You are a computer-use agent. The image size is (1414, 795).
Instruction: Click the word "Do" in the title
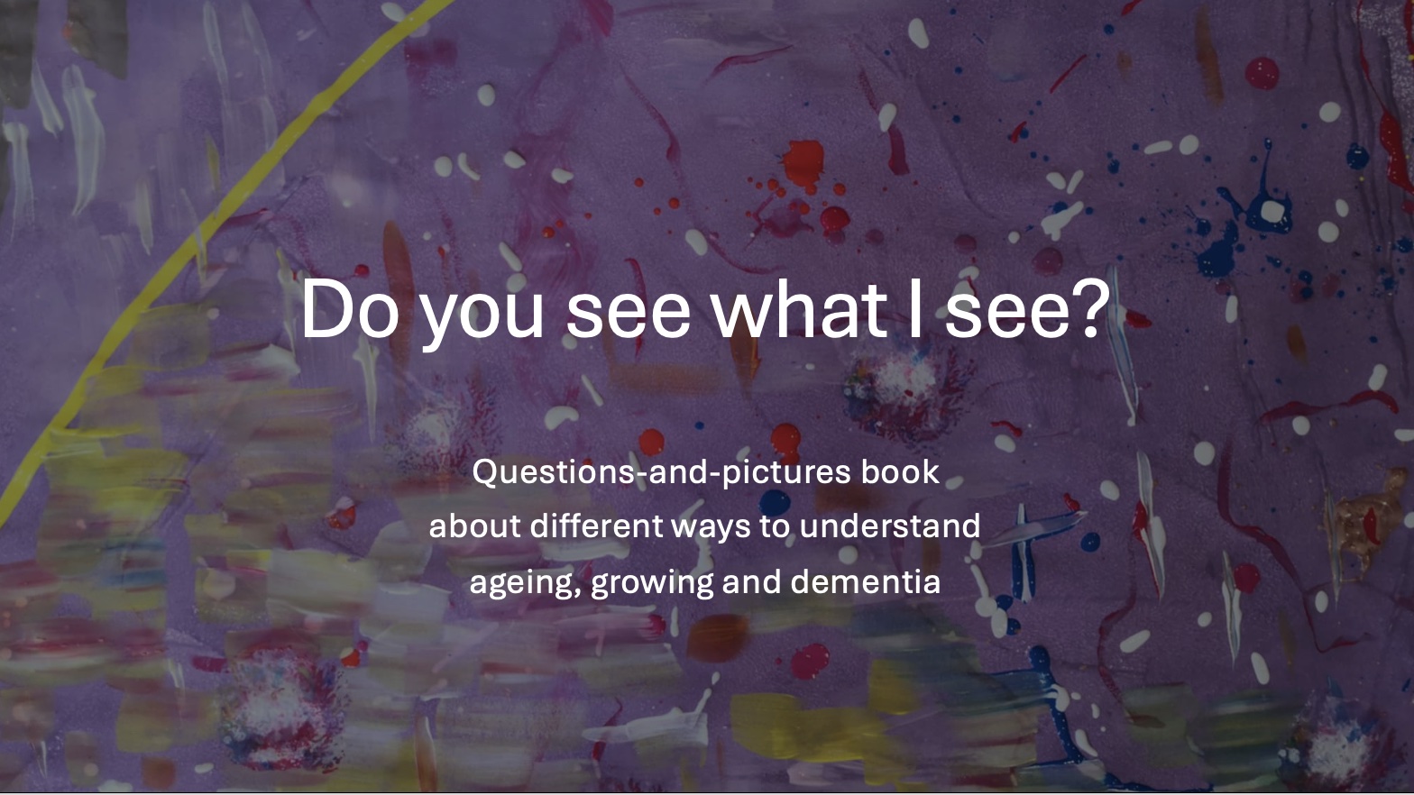click(349, 309)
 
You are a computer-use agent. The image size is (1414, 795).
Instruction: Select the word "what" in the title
click(797, 309)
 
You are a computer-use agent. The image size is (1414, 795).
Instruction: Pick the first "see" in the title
click(628, 312)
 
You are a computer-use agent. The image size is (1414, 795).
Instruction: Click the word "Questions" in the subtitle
click(553, 472)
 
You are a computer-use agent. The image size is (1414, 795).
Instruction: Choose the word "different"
click(596, 525)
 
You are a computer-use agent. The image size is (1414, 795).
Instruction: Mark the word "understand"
click(889, 525)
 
